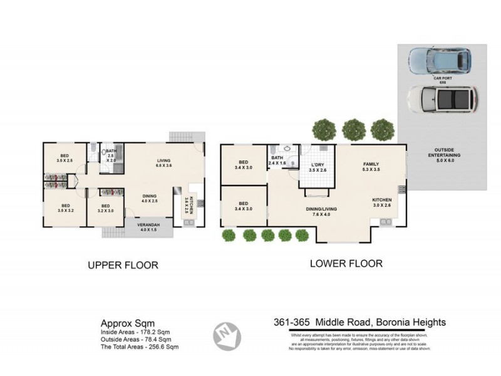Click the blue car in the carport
pyautogui.click(x=440, y=60)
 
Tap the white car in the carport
pyautogui.click(x=441, y=98)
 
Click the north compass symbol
pyautogui.click(x=227, y=336)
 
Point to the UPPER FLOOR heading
pyautogui.click(x=123, y=265)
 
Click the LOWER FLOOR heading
pyautogui.click(x=346, y=264)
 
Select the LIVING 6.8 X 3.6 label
pyautogui.click(x=163, y=164)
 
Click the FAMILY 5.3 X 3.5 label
pyautogui.click(x=371, y=167)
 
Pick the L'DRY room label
pyautogui.click(x=318, y=167)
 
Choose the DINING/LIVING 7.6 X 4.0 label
pyautogui.click(x=322, y=211)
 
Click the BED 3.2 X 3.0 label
pyautogui.click(x=106, y=208)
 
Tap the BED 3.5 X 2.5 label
pyautogui.click(x=64, y=158)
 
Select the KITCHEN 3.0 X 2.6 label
pyautogui.click(x=383, y=202)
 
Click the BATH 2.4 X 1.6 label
pyautogui.click(x=277, y=160)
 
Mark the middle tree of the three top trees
pyautogui.click(x=354, y=130)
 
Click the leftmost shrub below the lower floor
pyautogui.click(x=229, y=235)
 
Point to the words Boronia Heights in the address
pyautogui.click(x=411, y=323)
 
